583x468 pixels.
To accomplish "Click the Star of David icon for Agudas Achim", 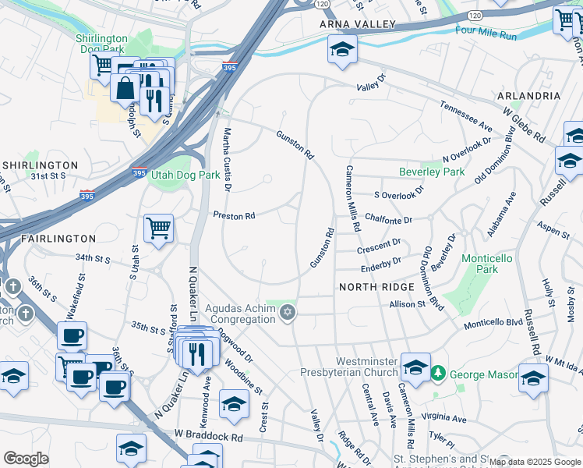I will tap(288, 314).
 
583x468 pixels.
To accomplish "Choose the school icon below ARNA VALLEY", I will tap(342, 51).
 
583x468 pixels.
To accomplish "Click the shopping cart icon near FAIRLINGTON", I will tap(158, 229).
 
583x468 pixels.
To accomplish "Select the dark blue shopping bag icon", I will tap(125, 87).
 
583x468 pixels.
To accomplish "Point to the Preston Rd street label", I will tap(235, 215).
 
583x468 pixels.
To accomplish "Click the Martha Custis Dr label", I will tap(228, 160).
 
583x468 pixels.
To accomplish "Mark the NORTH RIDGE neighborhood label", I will tap(376, 287).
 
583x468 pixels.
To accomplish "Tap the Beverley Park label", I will tap(431, 172).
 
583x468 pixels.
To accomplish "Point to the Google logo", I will tap(26, 459).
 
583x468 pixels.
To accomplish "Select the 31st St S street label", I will tap(48, 177).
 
